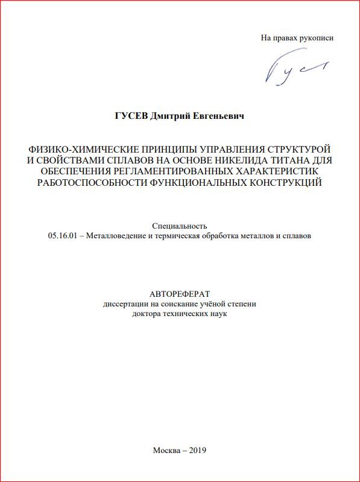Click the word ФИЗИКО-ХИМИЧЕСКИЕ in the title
pos(78,148)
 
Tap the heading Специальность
pos(180,225)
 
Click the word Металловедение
pos(116,236)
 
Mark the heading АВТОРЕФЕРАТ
pos(180,294)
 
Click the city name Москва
pos(166,450)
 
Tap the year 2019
pos(198,450)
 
